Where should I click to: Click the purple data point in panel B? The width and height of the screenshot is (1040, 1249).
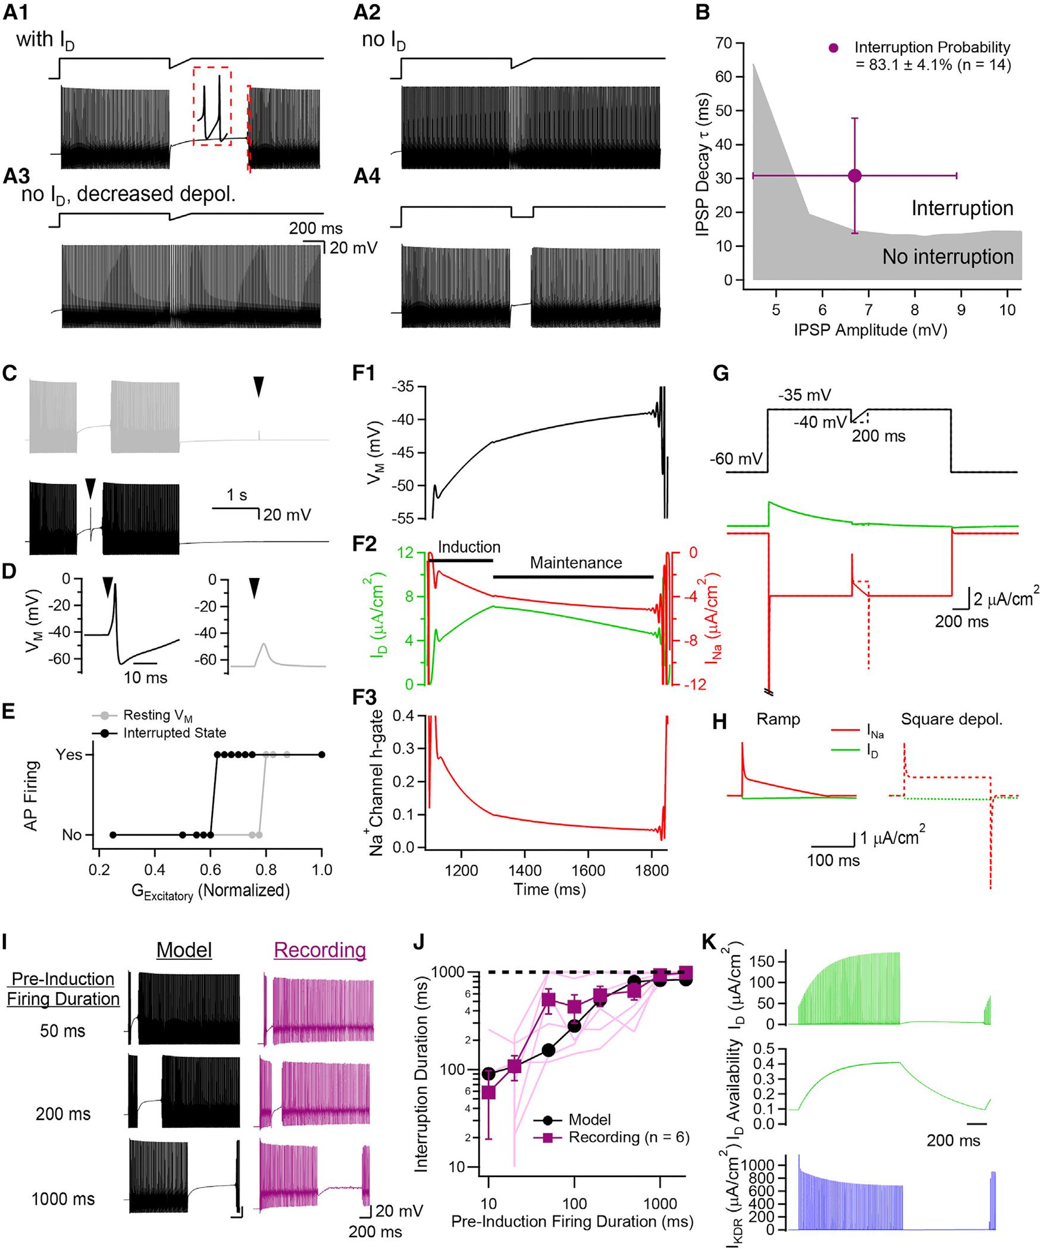coord(854,175)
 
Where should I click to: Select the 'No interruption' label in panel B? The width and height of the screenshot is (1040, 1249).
coord(948,256)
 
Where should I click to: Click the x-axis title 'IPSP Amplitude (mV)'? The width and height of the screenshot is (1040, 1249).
coord(870,330)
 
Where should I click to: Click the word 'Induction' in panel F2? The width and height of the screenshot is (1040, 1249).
coord(469,547)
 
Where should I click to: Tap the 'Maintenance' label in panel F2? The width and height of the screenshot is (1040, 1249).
coord(576,563)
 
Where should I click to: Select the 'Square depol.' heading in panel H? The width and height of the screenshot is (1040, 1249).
coord(951,719)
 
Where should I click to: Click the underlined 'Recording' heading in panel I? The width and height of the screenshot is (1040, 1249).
coord(319,950)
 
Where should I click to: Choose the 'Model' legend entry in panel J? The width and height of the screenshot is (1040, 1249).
coord(589,1120)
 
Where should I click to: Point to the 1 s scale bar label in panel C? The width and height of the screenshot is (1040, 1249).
coord(237,495)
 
